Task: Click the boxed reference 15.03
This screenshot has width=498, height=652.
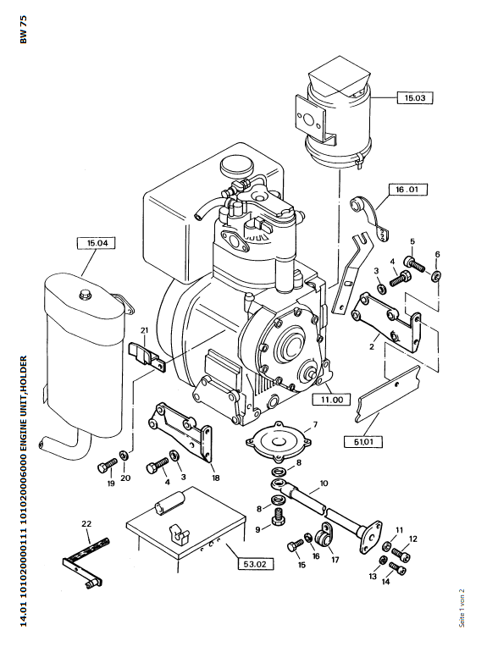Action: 414,97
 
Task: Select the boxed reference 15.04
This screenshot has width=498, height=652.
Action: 97,243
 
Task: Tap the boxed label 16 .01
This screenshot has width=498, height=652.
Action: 407,190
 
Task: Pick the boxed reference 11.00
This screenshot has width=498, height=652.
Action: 331,400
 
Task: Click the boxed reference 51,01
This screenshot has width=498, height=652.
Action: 363,441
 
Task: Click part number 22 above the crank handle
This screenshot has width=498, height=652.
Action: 86,524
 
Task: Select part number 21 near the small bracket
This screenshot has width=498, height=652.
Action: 144,330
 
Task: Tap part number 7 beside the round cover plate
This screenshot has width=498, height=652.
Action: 315,424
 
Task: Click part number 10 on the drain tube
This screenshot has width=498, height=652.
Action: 324,483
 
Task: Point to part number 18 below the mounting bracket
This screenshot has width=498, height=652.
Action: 215,478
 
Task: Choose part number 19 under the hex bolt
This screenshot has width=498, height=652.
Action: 111,483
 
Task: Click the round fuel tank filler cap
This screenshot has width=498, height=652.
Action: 236,166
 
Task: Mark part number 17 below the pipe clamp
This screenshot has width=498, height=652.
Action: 335,560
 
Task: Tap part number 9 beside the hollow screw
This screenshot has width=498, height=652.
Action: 258,529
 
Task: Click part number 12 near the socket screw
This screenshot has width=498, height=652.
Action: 412,539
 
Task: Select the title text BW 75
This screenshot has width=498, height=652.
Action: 24,30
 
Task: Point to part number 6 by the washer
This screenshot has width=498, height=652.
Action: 437,254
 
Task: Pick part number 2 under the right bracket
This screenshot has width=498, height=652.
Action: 372,346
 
